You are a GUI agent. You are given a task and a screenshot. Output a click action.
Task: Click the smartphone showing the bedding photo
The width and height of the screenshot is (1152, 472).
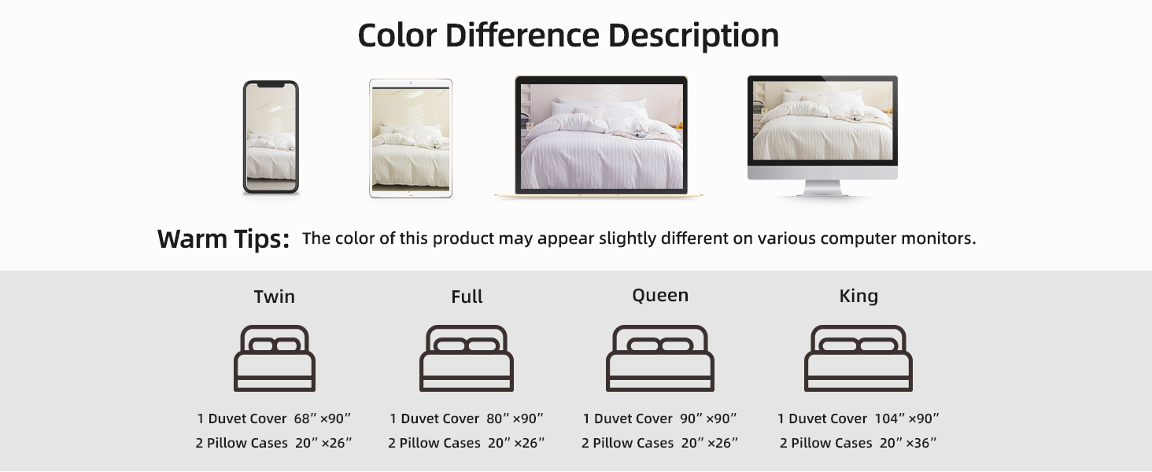271,137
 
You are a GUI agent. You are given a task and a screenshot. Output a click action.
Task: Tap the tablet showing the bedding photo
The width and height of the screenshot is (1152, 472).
411,138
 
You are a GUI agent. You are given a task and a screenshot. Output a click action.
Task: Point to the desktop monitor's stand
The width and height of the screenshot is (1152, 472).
822,187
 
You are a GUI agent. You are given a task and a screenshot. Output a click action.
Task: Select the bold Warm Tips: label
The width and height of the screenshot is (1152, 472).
223,238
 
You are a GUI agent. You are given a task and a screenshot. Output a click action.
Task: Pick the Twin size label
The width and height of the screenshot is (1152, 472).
274,297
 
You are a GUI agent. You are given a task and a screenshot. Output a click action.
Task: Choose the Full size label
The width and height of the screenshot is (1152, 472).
467,297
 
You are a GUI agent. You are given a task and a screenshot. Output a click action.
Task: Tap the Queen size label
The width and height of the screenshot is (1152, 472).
660,296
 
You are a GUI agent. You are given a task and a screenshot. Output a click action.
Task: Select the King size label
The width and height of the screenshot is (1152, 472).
858,296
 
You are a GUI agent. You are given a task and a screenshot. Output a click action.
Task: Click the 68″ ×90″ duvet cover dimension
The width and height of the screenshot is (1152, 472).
322,419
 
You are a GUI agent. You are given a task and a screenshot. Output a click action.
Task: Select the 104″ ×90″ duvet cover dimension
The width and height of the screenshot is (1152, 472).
906,419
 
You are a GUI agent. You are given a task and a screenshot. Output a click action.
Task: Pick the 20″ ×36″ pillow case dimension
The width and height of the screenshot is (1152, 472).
908,443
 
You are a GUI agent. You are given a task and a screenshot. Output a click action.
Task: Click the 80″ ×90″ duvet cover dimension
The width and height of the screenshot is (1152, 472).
515,419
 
